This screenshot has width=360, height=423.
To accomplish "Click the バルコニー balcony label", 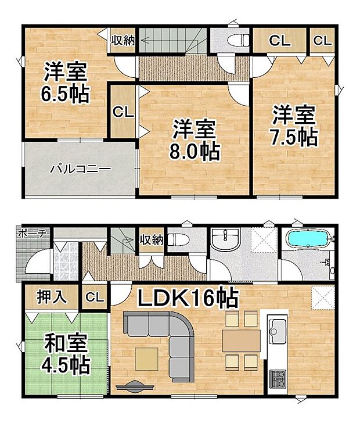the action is click(81, 169).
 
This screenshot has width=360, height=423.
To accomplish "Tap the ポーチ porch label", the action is click(31, 234).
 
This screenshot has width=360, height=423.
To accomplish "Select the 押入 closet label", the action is click(52, 297).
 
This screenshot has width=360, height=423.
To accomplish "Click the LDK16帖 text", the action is click(188, 298).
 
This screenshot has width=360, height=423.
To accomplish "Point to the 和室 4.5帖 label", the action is click(66, 353).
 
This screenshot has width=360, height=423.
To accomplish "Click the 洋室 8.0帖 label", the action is click(194, 139).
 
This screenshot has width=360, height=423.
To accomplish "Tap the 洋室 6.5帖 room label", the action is click(65, 83).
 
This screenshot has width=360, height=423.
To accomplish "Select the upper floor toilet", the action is click(238, 41).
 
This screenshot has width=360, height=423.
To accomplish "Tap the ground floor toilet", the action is click(178, 239).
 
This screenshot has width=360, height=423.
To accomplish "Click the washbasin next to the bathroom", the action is click(225, 239).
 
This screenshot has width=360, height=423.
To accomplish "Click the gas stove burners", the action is click(278, 379).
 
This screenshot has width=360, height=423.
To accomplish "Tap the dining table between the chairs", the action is click(242, 340).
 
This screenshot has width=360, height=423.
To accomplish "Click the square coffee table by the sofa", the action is click(147, 359).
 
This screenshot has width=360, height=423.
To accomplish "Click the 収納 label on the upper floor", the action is click(123, 41).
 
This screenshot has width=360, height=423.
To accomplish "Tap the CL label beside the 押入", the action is click(95, 297).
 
